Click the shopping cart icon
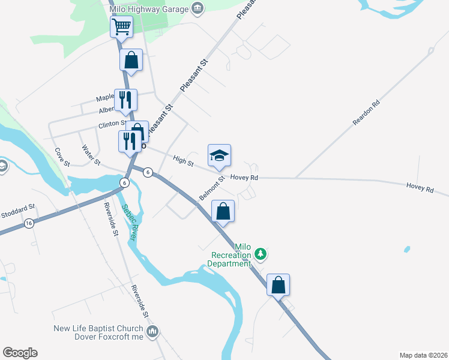(121, 26)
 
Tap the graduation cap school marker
(219, 156)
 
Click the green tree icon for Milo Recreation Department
(260, 254)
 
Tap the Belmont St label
(212, 188)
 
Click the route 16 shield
(29, 223)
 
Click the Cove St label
(63, 157)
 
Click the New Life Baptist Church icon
(152, 331)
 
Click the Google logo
(20, 353)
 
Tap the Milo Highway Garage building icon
(197, 8)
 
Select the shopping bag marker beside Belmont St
(223, 211)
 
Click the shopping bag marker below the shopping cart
(131, 60)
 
